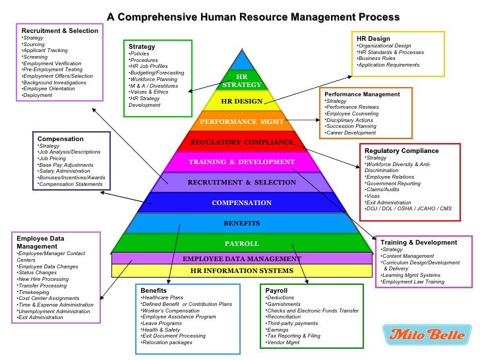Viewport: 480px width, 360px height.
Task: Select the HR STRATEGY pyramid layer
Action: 243,81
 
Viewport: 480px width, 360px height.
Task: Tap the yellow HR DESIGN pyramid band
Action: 243,102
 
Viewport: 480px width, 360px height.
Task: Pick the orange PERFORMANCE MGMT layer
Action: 242,122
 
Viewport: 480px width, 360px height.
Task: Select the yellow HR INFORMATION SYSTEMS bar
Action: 241,271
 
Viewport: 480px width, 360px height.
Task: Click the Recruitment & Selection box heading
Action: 59,30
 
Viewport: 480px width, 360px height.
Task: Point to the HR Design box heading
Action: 373,38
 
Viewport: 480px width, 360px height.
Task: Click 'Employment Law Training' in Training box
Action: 413,282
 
